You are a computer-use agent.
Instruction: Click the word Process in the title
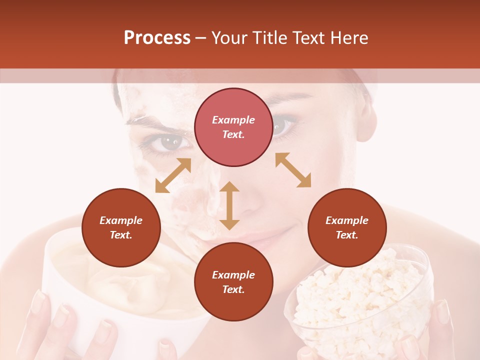coord(157,38)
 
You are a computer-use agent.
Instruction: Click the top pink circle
coord(233,127)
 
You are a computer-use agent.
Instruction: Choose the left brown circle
coord(121,228)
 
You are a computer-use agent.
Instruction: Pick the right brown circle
coord(347,228)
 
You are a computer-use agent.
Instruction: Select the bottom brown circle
coord(233,282)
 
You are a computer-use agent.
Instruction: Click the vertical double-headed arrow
coord(229,205)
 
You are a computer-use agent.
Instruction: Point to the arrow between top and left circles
coord(173,175)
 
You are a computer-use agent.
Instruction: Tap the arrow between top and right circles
coord(293,170)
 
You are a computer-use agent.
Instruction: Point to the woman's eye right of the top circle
coord(283,125)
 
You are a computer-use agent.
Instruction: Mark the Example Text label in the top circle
coord(233,127)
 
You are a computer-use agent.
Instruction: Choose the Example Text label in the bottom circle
coord(233,282)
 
